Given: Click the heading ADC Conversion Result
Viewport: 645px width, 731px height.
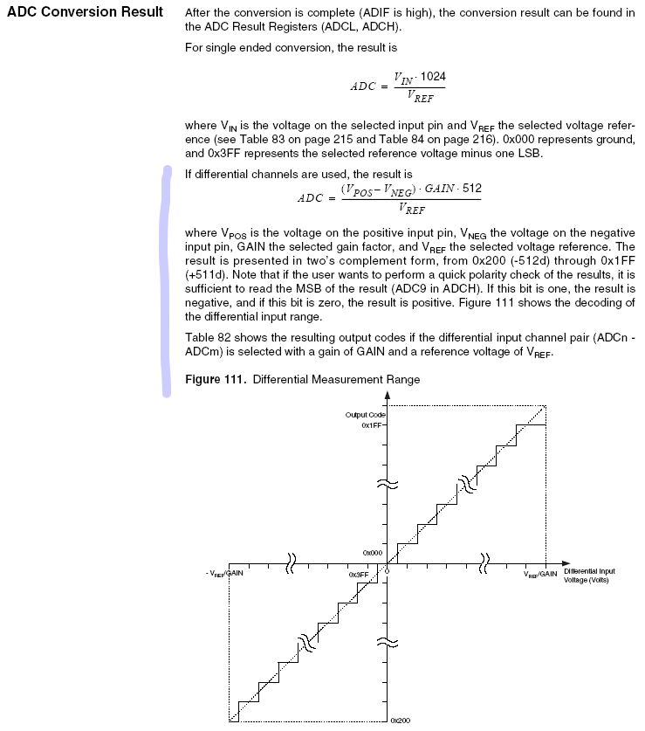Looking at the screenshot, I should point(84,12).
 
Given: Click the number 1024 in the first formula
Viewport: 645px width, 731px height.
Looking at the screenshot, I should point(432,77).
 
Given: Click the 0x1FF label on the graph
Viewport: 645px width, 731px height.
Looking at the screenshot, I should point(373,425).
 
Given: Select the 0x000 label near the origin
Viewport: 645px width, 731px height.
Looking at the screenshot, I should point(373,553).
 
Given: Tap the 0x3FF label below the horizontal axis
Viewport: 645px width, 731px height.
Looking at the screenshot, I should point(358,574).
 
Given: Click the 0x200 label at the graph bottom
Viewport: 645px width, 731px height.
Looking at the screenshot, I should point(401,721).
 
